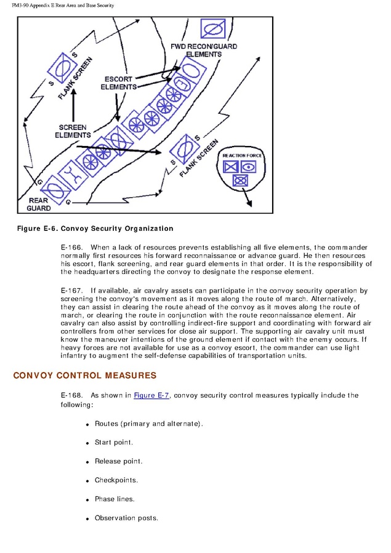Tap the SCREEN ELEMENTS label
tap(73, 131)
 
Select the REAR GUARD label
tap(38, 204)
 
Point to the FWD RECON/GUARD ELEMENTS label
tap(203, 50)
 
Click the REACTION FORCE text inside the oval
tap(243, 155)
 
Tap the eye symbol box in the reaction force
tap(248, 166)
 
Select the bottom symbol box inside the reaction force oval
tap(240, 180)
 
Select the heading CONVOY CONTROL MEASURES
tap(84, 376)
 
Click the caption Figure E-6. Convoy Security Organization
tap(95, 229)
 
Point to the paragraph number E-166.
tap(72, 247)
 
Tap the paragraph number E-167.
tap(72, 291)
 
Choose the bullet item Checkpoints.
tap(116, 480)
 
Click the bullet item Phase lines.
tap(115, 499)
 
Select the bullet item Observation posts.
tap(126, 518)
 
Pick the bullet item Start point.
tap(114, 442)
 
